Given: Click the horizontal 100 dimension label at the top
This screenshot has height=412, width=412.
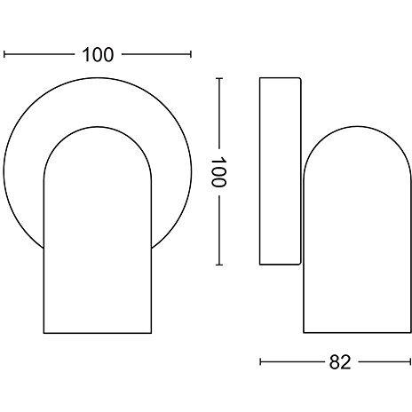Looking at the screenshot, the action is [x=98, y=55].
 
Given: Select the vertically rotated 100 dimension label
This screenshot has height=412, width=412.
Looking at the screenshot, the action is [x=218, y=172].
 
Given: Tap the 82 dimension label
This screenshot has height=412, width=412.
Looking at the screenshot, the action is [x=340, y=361].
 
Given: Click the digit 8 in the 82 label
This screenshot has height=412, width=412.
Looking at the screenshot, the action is [x=335, y=361].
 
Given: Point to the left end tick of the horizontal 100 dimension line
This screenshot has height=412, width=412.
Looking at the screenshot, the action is [x=4, y=54].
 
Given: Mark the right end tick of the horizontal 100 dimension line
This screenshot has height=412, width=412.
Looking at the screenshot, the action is [x=191, y=54].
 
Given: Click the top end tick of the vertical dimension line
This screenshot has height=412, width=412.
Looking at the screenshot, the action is [x=219, y=78].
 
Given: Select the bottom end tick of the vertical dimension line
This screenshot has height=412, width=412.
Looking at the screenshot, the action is [x=219, y=265].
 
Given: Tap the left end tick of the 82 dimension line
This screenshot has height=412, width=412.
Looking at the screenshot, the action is [x=260, y=361].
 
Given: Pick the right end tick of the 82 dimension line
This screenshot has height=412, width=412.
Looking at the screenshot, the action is [x=410, y=361].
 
